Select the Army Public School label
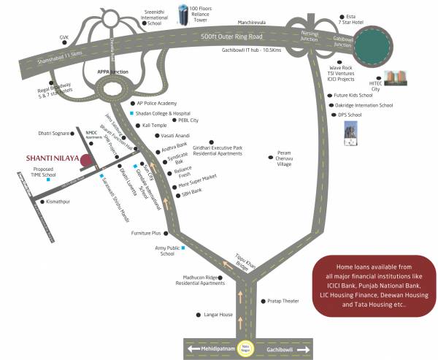point(165,252)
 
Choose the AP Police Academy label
point(158,104)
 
